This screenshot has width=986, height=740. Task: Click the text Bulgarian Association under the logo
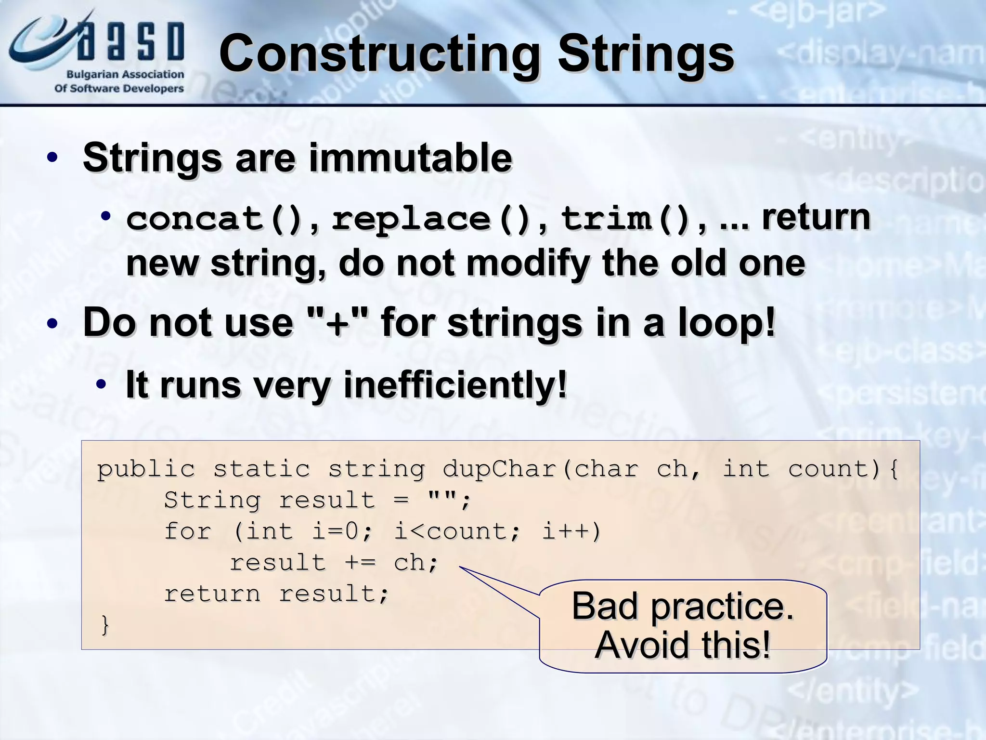[x=125, y=75]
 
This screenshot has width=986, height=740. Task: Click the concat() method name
[x=214, y=219]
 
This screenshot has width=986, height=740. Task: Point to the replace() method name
[x=431, y=219]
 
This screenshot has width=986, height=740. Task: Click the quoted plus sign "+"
[x=337, y=322]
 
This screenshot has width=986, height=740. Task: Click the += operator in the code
[x=360, y=563]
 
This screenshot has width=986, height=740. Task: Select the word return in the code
[x=212, y=594]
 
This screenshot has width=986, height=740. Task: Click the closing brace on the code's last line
[x=105, y=625]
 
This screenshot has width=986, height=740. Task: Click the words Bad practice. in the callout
[x=682, y=606]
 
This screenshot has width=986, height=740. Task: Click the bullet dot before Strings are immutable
[x=52, y=158]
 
